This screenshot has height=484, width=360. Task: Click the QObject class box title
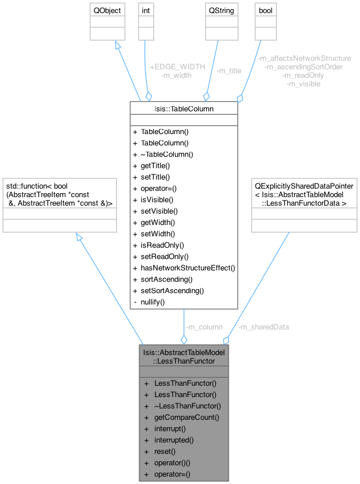pyautogui.click(x=107, y=10)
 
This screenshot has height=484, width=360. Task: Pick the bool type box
pyautogui.click(x=265, y=10)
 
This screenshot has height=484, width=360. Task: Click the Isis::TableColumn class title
pyautogui.click(x=183, y=108)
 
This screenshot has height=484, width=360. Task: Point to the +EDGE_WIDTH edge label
pyautogui.click(x=177, y=66)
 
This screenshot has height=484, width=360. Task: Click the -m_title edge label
pyautogui.click(x=229, y=71)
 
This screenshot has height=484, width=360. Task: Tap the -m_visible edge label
pyautogui.click(x=304, y=84)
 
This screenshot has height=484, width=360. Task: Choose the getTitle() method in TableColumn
pyautogui.click(x=155, y=165)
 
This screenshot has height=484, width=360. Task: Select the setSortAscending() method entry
pyautogui.click(x=171, y=290)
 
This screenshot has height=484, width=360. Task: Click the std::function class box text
pyautogui.click(x=59, y=194)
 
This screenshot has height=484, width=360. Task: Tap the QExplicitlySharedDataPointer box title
pyautogui.click(x=304, y=194)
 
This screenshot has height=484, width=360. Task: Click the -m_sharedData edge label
pyautogui.click(x=264, y=327)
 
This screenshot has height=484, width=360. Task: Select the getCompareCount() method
pyautogui.click(x=186, y=417)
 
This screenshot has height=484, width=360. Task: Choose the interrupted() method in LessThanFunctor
pyautogui.click(x=174, y=440)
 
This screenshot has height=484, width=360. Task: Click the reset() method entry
pyautogui.click(x=164, y=451)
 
